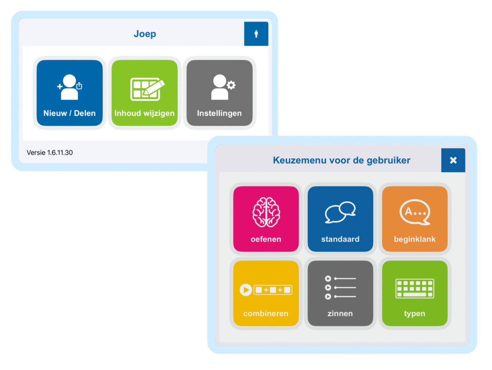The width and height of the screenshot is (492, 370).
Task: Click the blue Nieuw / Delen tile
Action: (69, 93)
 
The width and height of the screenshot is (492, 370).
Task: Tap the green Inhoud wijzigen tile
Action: (145, 93)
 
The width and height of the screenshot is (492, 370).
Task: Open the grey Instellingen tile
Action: (220, 93)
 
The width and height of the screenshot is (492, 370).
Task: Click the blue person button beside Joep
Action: (256, 34)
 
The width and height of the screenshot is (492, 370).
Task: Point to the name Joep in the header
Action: (145, 34)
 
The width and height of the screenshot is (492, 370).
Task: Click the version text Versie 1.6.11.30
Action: (50, 152)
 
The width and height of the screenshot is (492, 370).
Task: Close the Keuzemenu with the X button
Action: (453, 160)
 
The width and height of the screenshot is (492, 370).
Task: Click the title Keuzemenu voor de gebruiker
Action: (341, 160)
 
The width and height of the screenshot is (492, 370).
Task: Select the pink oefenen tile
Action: (266, 219)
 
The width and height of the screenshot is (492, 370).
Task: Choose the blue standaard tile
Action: (340, 219)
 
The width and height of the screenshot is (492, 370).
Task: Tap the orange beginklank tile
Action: (415, 219)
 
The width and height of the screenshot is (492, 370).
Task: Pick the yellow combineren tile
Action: (266, 293)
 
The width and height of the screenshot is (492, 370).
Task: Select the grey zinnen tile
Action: (340, 293)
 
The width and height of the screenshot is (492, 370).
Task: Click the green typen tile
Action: (415, 293)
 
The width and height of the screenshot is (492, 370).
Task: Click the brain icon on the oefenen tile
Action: (266, 212)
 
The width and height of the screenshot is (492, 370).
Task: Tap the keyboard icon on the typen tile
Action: (415, 288)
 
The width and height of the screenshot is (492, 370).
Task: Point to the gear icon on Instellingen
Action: (231, 85)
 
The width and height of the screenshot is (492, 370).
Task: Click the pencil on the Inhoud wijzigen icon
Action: (154, 88)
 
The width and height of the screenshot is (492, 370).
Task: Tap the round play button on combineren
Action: (246, 290)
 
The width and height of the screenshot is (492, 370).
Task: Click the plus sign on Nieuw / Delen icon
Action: (59, 86)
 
